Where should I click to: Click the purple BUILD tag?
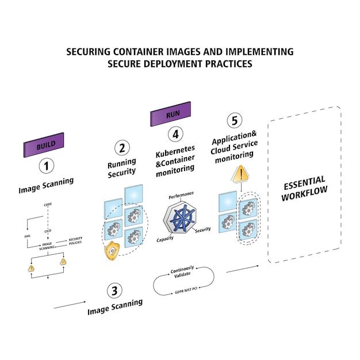(44, 145)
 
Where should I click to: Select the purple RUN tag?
(170, 115)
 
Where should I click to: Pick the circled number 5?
(233, 121)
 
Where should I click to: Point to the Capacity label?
(166, 239)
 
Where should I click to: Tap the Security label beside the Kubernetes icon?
(202, 230)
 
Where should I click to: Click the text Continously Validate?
(182, 271)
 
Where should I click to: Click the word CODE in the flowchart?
(48, 204)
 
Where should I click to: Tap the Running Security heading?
(122, 167)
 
